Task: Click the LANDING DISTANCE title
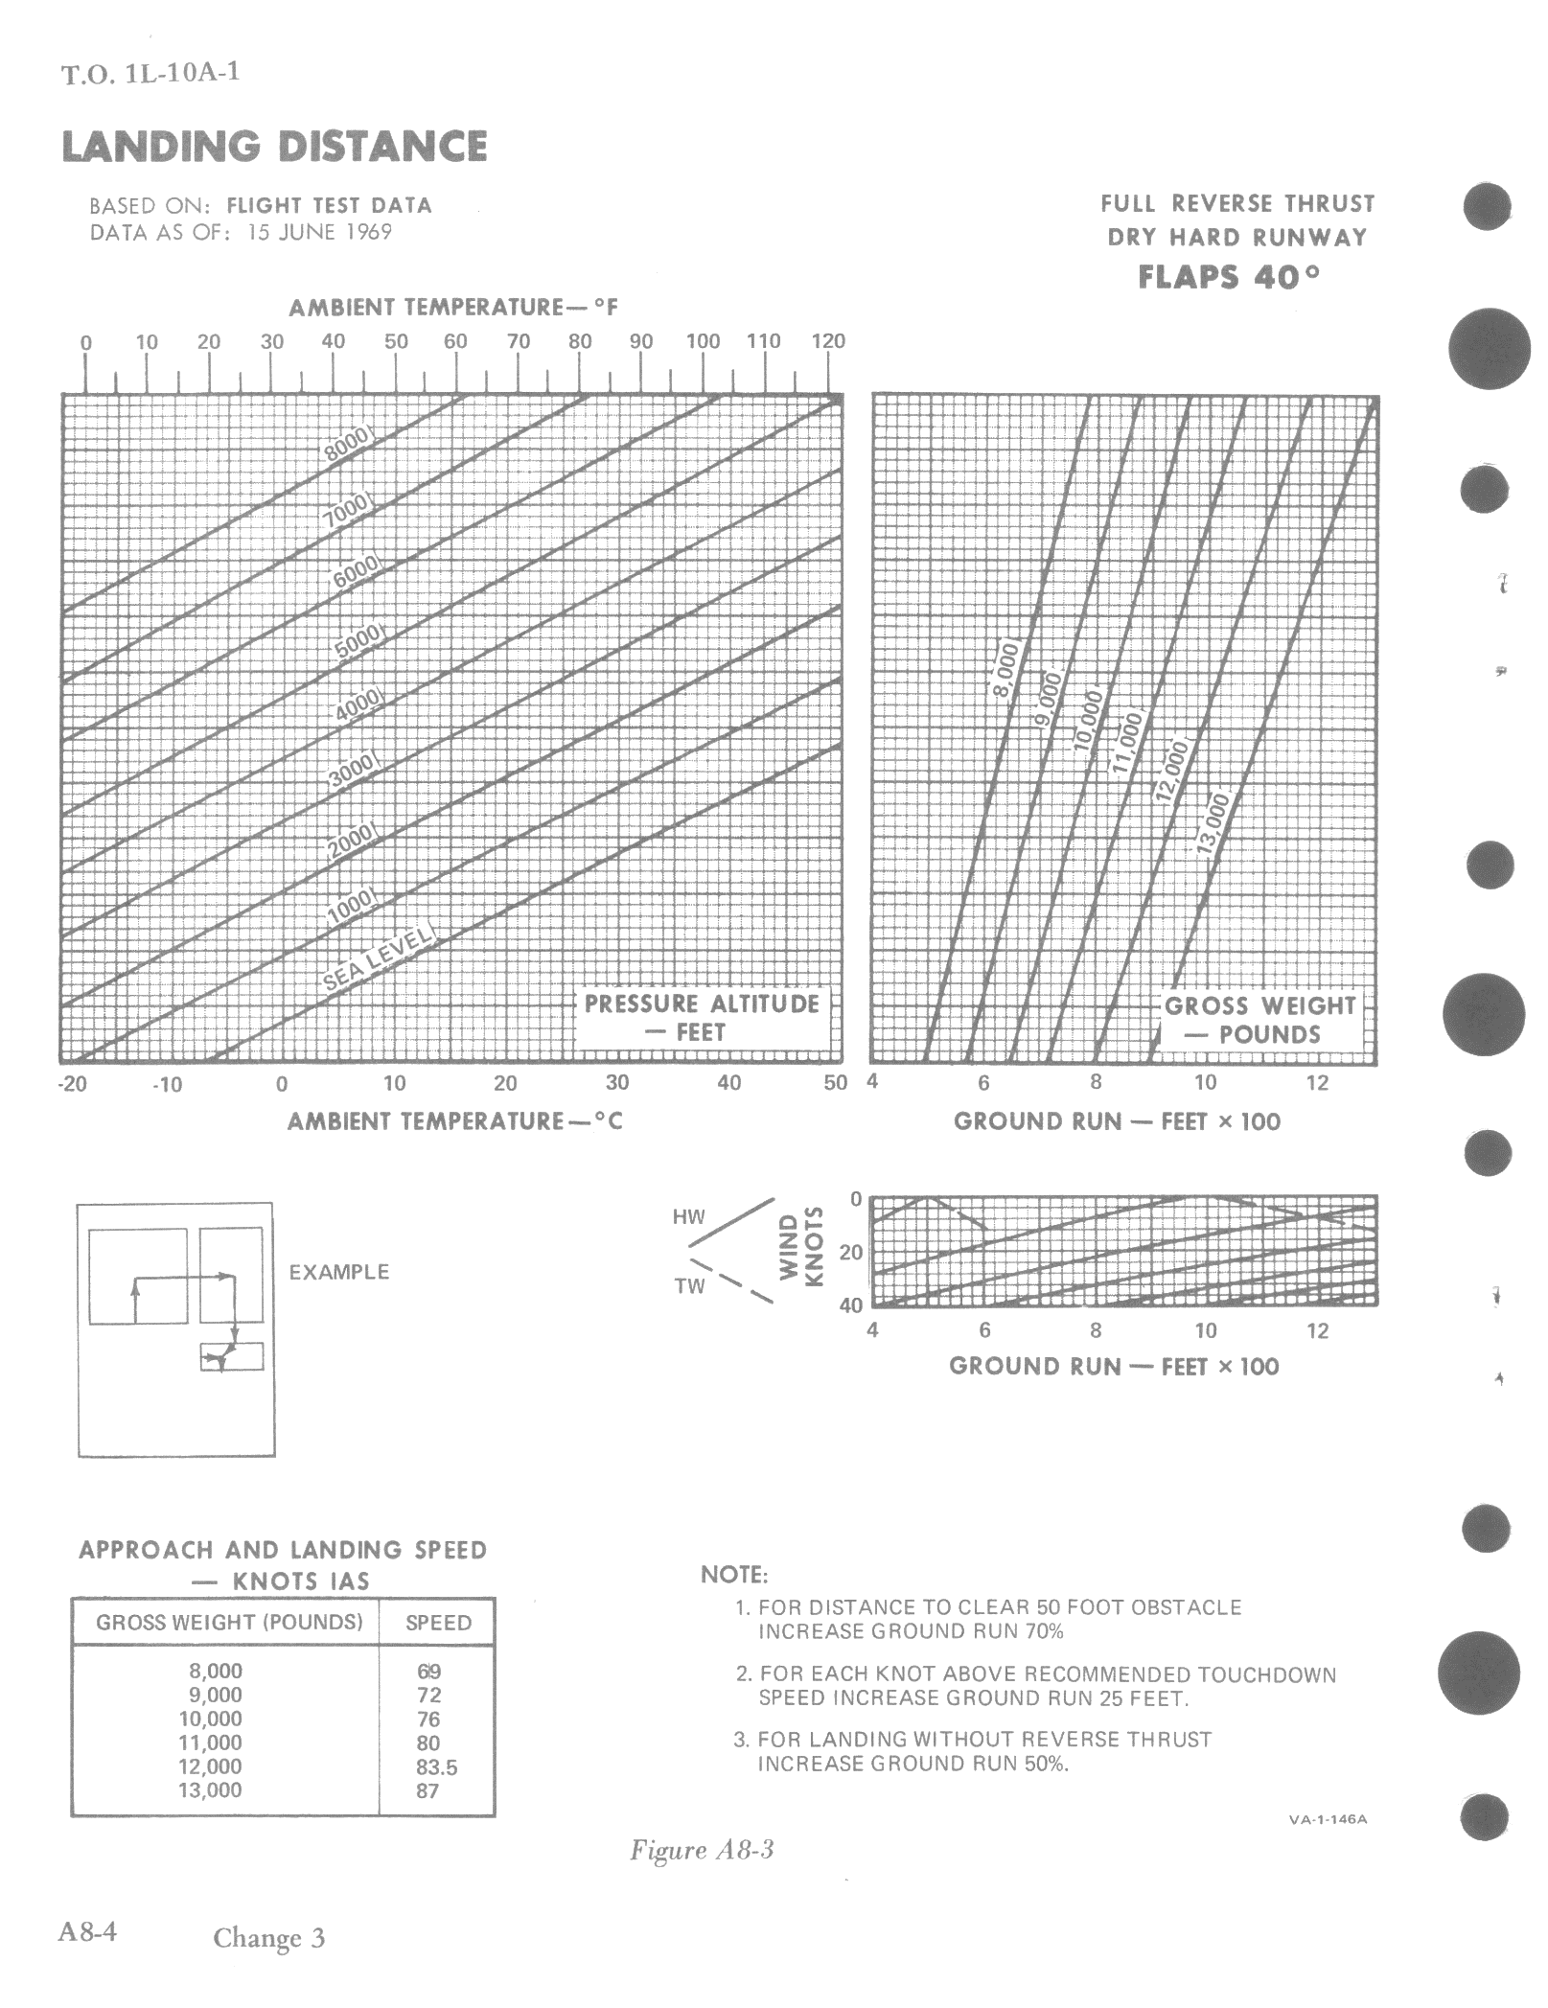coord(274,147)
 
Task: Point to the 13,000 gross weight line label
coord(1213,821)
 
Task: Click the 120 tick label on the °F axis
coord(828,341)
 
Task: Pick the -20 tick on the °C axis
coord(73,1083)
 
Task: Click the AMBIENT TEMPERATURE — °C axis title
coord(455,1120)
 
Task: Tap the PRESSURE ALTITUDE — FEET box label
coord(702,1018)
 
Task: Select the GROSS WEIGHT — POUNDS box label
coord(1260,1020)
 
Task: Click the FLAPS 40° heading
coord(1229,277)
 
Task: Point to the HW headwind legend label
coord(688,1217)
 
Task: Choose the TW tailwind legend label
coord(689,1286)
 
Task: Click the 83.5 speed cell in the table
coord(436,1766)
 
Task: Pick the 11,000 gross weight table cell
coord(210,1743)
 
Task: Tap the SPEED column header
coord(438,1623)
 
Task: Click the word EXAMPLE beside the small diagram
coord(339,1272)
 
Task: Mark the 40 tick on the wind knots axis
coord(851,1305)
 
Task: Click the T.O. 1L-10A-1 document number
coord(150,73)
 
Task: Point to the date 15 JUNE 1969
coord(319,232)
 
